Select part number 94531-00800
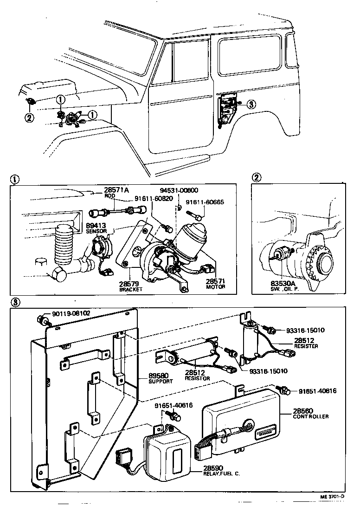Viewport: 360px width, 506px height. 179,190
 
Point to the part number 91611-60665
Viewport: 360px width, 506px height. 205,202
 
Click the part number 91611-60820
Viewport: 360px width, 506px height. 154,198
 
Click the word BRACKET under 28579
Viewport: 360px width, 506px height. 130,289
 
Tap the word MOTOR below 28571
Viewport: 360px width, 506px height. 215,287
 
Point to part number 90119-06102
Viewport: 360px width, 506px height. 71,314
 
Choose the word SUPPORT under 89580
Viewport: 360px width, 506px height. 161,381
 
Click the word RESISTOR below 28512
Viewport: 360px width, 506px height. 197,378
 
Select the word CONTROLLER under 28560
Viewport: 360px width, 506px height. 310,416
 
